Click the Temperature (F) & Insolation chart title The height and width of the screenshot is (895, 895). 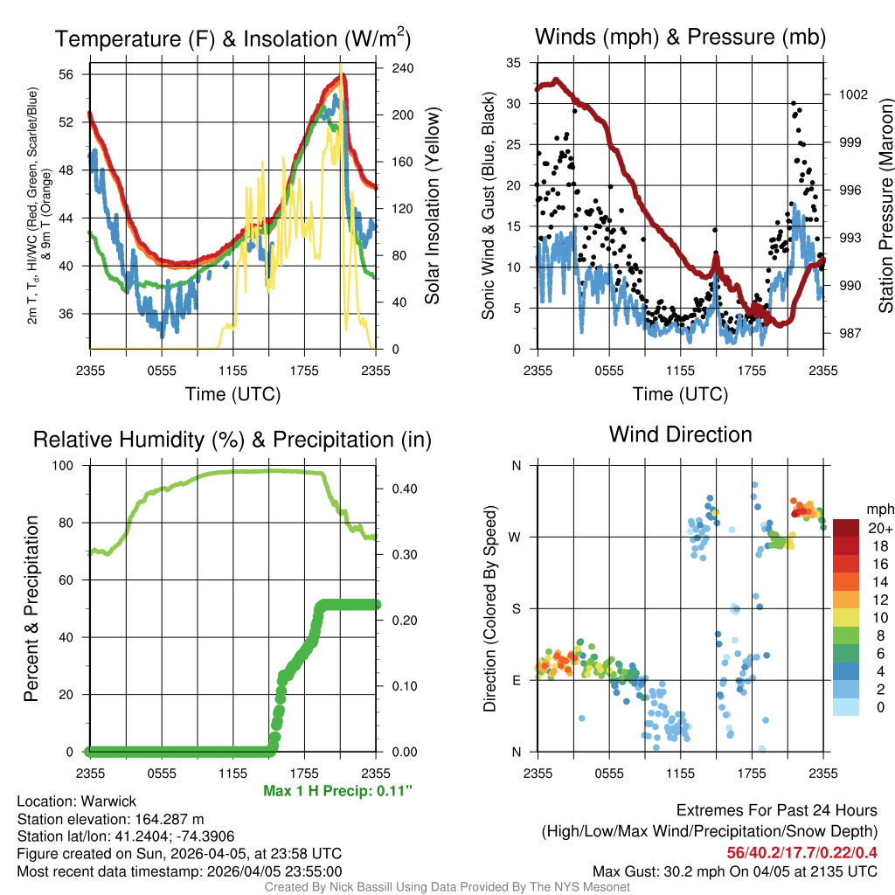pyautogui.click(x=232, y=39)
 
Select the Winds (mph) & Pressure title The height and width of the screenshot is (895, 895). pyautogui.click(x=680, y=38)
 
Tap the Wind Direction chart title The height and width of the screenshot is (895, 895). pyautogui.click(x=680, y=434)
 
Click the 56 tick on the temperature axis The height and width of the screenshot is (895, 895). pyautogui.click(x=76, y=74)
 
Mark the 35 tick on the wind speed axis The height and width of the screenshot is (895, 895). pyautogui.click(x=514, y=63)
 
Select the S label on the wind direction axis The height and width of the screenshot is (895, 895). pyautogui.click(x=516, y=608)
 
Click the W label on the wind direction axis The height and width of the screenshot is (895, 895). pyautogui.click(x=516, y=537)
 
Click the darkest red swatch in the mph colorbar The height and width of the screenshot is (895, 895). pyautogui.click(x=847, y=528)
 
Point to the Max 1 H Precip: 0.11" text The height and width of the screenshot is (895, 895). pyautogui.click(x=336, y=791)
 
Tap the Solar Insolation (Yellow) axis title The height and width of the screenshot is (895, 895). pyautogui.click(x=432, y=206)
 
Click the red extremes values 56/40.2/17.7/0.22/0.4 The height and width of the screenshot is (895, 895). pyautogui.click(x=802, y=852)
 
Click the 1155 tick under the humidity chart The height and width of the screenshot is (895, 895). pyautogui.click(x=232, y=772)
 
